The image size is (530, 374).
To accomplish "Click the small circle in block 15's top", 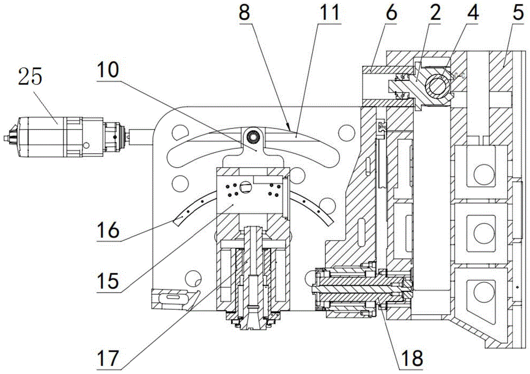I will point(245,186).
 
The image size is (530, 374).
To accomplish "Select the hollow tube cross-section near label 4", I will point(438,84).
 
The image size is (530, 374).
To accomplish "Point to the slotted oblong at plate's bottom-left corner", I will point(174,299).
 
